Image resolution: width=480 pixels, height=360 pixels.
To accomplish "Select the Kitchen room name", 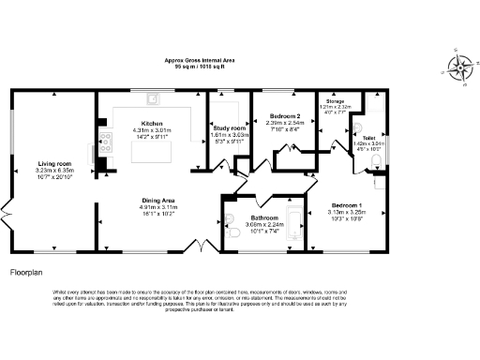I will click(x=153, y=123).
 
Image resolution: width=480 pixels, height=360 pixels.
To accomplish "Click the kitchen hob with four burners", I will click(x=106, y=143).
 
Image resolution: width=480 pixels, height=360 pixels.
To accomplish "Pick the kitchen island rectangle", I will click(x=155, y=131).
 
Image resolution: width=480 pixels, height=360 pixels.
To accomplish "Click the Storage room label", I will click(x=335, y=100).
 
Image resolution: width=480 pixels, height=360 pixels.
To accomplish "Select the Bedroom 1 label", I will click(x=347, y=205).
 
